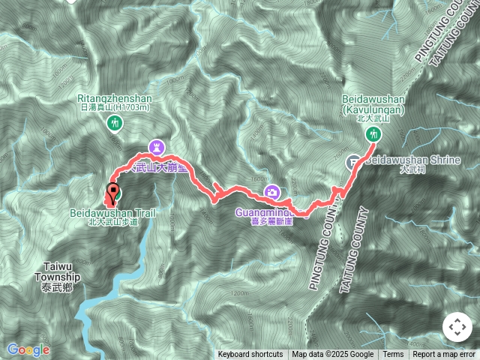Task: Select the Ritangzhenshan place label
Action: pos(115,98)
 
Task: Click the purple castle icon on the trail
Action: pos(156,145)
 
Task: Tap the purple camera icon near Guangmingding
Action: pos(274,193)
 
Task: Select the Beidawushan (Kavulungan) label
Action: pos(373,103)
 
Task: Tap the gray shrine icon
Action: pos(353,161)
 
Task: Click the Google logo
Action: pos(28,349)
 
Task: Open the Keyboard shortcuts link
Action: pos(250,355)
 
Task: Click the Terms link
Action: pos(393,355)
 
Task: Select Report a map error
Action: pos(445,355)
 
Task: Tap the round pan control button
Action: pos(457,327)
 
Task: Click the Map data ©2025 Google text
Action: pos(333,355)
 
